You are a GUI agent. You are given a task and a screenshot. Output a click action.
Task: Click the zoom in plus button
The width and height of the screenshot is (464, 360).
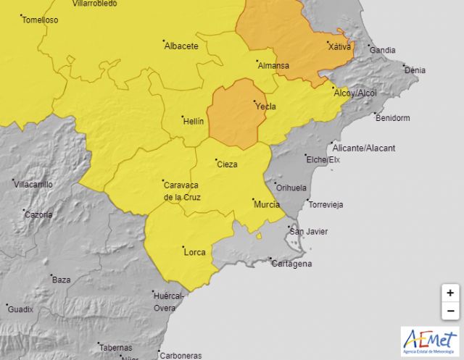(450, 293)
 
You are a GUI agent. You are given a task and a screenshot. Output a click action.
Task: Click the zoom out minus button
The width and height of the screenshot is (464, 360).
(450, 311)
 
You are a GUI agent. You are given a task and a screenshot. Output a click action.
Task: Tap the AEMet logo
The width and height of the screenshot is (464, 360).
(430, 342)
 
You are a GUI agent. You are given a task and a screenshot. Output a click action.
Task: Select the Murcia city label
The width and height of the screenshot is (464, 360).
(267, 205)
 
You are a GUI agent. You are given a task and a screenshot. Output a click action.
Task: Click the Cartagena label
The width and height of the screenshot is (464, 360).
(293, 264)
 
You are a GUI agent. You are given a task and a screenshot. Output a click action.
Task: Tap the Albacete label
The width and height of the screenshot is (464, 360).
(181, 46)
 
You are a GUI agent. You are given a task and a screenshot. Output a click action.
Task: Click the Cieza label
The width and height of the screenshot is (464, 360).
(227, 164)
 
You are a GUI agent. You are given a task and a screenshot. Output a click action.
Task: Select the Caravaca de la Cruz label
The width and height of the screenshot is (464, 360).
(182, 191)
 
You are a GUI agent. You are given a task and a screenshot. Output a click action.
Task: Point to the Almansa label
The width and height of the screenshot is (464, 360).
(273, 66)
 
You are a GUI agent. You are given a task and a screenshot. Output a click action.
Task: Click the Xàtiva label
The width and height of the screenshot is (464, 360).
(339, 47)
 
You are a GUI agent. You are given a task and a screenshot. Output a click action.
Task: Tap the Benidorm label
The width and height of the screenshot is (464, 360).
(394, 117)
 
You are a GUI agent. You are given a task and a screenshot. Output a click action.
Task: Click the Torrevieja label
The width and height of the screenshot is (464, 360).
(326, 205)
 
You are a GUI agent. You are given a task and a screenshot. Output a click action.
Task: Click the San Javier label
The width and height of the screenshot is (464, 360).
(308, 232)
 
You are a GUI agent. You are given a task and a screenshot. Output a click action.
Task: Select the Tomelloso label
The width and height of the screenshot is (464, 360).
(40, 20)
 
